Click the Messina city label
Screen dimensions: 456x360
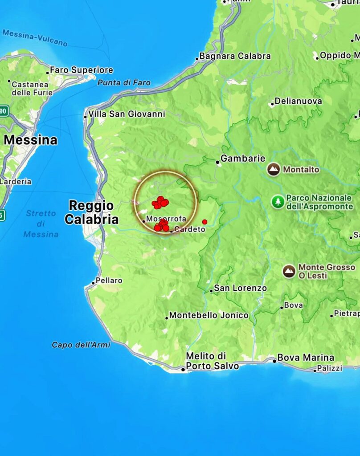(30, 140)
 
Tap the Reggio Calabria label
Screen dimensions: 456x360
(91, 212)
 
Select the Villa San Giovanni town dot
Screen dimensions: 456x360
(86, 117)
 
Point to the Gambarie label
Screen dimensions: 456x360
(243, 159)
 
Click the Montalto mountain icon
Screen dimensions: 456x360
(274, 170)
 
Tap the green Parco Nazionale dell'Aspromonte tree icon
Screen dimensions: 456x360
(278, 202)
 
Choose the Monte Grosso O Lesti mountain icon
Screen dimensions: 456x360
(289, 271)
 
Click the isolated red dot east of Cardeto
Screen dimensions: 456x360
(205, 222)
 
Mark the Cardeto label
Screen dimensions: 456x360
(190, 230)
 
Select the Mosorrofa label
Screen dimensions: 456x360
(166, 219)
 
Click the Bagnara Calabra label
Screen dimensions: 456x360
(235, 56)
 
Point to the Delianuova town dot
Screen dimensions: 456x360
(272, 105)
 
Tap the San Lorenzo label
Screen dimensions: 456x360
(240, 288)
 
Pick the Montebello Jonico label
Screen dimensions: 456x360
(209, 315)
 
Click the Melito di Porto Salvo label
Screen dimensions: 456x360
(212, 361)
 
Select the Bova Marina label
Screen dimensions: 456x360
(305, 358)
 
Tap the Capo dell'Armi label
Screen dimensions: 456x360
(81, 345)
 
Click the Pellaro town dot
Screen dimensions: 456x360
(94, 283)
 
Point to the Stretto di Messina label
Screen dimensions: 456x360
(41, 224)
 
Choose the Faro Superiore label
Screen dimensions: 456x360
(81, 70)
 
